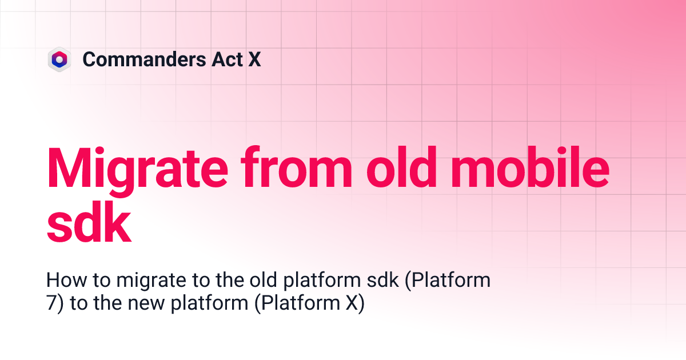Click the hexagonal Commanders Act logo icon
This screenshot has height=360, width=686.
click(59, 59)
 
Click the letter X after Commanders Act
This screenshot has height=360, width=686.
click(254, 59)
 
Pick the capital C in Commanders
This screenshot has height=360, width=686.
click(90, 59)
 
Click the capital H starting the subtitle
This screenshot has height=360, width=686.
click(53, 281)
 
